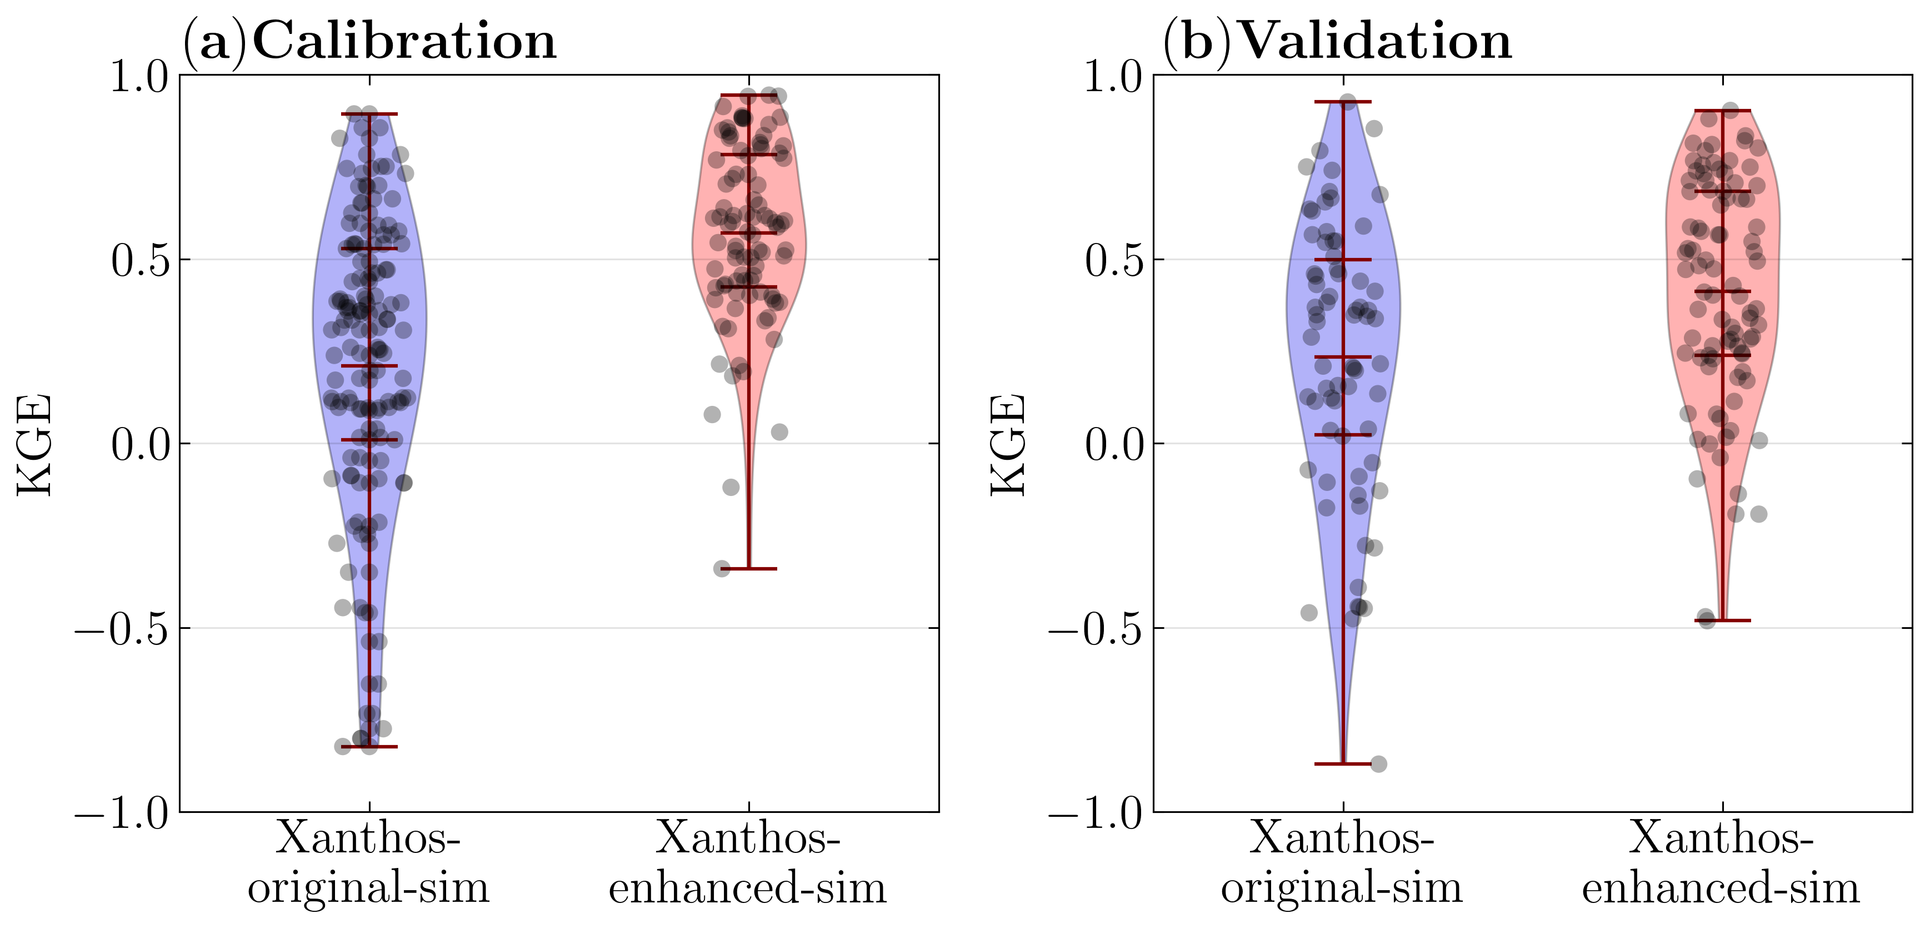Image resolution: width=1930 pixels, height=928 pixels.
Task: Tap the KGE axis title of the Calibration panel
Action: coord(34,444)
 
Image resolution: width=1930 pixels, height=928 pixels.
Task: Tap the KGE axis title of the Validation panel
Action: coord(1008,444)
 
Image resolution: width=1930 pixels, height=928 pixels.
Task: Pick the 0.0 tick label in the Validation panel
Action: coord(1113,444)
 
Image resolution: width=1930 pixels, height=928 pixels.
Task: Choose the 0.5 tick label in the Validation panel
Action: coord(1113,260)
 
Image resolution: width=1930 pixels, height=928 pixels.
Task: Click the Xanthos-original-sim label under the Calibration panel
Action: coord(369,862)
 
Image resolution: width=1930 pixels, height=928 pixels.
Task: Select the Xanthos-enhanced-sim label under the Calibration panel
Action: coord(748,862)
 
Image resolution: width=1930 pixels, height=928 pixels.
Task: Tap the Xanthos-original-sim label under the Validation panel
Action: coord(1342,862)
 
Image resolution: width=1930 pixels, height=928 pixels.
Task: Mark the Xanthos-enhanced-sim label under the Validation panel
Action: coord(1721,862)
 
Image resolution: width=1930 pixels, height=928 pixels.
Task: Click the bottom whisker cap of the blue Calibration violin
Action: coord(369,747)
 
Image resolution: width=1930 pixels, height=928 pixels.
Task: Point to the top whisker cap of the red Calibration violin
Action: coord(748,95)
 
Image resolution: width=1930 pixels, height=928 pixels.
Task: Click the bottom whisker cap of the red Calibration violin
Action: coord(748,569)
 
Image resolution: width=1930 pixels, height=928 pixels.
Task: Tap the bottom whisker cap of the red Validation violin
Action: coord(1722,621)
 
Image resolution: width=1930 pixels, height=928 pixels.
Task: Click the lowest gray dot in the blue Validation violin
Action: coord(1378,765)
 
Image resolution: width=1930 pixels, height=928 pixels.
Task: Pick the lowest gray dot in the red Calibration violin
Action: coord(722,568)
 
